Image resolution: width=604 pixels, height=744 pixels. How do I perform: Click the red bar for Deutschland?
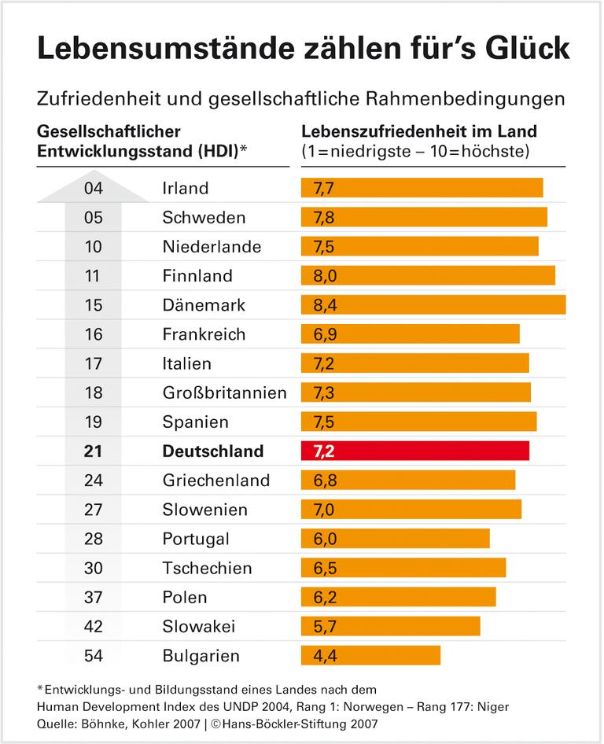coord(415,451)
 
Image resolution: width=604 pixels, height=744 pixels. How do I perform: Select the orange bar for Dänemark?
coord(433,304)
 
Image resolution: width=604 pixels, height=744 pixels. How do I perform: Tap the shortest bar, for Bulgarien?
coord(370,655)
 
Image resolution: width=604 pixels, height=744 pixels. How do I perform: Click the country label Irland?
coord(185,188)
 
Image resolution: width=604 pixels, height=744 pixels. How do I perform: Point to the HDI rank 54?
coord(94,655)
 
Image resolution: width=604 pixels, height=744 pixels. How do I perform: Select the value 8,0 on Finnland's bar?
coord(325,275)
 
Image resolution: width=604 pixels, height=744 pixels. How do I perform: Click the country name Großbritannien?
coord(224,392)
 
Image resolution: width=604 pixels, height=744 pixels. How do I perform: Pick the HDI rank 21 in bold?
coord(94,451)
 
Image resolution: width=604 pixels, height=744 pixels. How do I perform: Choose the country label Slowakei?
coord(198,626)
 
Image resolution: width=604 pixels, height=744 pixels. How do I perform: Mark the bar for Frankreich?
coord(410,334)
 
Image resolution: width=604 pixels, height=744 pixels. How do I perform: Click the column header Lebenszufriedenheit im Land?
coord(419,131)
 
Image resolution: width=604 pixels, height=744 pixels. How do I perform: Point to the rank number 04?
coord(94,188)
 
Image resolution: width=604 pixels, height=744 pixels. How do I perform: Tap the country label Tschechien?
coord(207,568)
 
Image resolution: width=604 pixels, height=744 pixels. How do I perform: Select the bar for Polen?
coord(398,597)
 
